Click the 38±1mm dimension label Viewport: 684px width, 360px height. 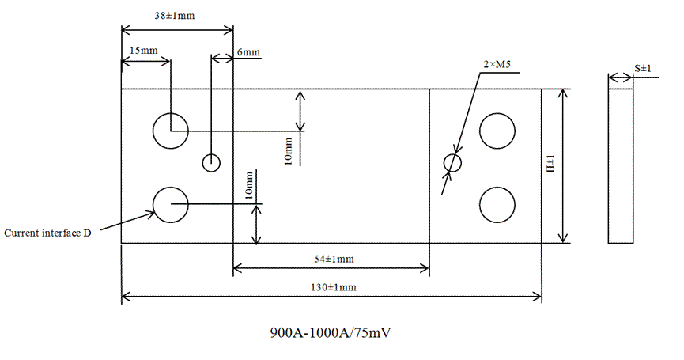click(176, 15)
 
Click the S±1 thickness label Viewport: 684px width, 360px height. click(642, 69)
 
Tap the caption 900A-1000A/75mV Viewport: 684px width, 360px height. click(331, 332)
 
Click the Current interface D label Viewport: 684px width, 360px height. click(47, 233)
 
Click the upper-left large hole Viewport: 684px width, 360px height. click(170, 131)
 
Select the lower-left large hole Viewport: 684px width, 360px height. click(170, 205)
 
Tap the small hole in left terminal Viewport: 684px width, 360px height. click(211, 162)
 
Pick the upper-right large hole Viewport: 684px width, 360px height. click(497, 131)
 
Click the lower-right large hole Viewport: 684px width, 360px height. click(497, 204)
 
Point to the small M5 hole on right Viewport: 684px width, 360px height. click(452, 163)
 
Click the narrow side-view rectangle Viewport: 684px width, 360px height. click(621, 166)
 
